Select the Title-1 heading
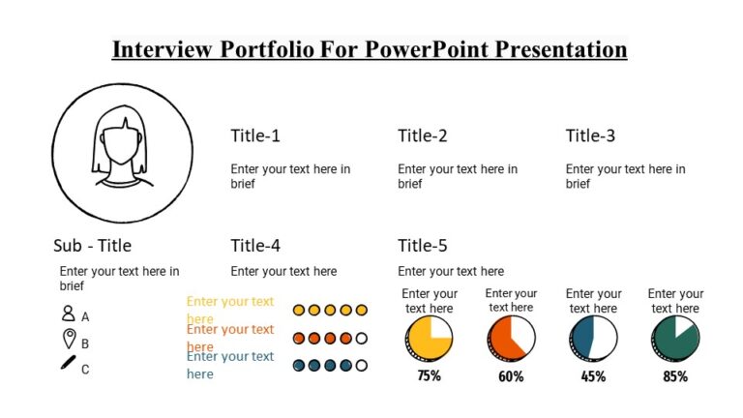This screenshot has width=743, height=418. [x=255, y=135]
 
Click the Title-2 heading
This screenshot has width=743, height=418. [x=423, y=135]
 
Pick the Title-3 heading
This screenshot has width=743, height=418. [x=590, y=135]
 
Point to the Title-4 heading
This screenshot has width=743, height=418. [x=255, y=246]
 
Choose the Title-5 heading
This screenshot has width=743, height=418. [x=423, y=246]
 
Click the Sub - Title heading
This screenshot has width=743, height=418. [x=93, y=246]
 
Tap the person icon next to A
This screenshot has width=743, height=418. [x=68, y=313]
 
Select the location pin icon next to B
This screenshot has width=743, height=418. [x=69, y=339]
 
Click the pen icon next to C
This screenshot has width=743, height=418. [x=69, y=364]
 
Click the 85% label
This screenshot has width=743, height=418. [x=675, y=376]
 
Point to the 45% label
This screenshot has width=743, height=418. [x=593, y=376]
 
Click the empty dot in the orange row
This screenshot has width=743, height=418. [x=362, y=339]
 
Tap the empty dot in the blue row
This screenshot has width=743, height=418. [x=362, y=366]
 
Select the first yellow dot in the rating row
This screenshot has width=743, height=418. [x=299, y=311]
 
